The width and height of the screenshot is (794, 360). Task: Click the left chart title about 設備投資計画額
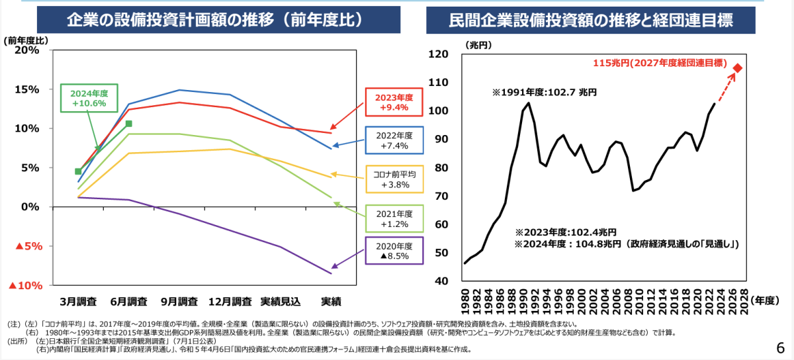pos(215,20)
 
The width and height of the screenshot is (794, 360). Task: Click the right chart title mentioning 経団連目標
pos(592,20)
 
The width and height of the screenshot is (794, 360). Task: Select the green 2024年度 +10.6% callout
pos(89,98)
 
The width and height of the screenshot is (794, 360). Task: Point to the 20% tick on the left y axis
pos(26,50)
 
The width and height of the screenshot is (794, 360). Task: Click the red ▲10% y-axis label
pos(24,286)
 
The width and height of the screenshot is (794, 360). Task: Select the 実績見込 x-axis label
pos(281,302)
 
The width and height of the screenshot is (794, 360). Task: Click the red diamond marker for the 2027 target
pos(738,67)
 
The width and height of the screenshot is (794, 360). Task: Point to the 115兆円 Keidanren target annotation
pos(660,64)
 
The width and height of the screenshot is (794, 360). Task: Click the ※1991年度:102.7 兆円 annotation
pos(544,93)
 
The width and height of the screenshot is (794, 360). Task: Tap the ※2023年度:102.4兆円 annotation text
pos(566,232)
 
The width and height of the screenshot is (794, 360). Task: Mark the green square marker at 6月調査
pos(129,124)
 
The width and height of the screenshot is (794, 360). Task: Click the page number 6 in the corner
pos(780,347)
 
